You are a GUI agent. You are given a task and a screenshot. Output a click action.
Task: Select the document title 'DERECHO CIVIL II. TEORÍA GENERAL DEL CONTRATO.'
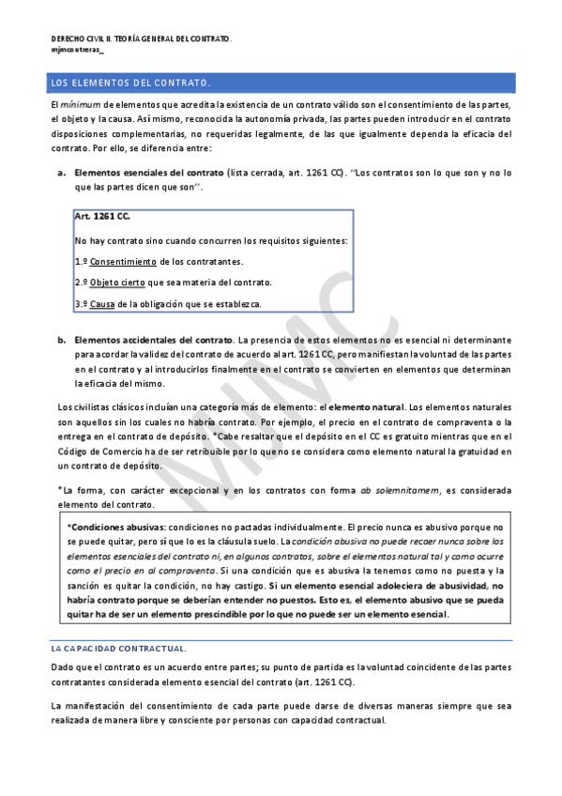click(141, 38)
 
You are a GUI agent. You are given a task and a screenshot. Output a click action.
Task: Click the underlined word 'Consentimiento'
click(123, 262)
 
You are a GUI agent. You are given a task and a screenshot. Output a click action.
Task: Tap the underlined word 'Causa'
click(102, 304)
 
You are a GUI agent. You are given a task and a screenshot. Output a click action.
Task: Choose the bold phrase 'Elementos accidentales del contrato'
click(153, 339)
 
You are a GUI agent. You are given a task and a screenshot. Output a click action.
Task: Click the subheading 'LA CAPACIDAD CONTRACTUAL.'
click(118, 649)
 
